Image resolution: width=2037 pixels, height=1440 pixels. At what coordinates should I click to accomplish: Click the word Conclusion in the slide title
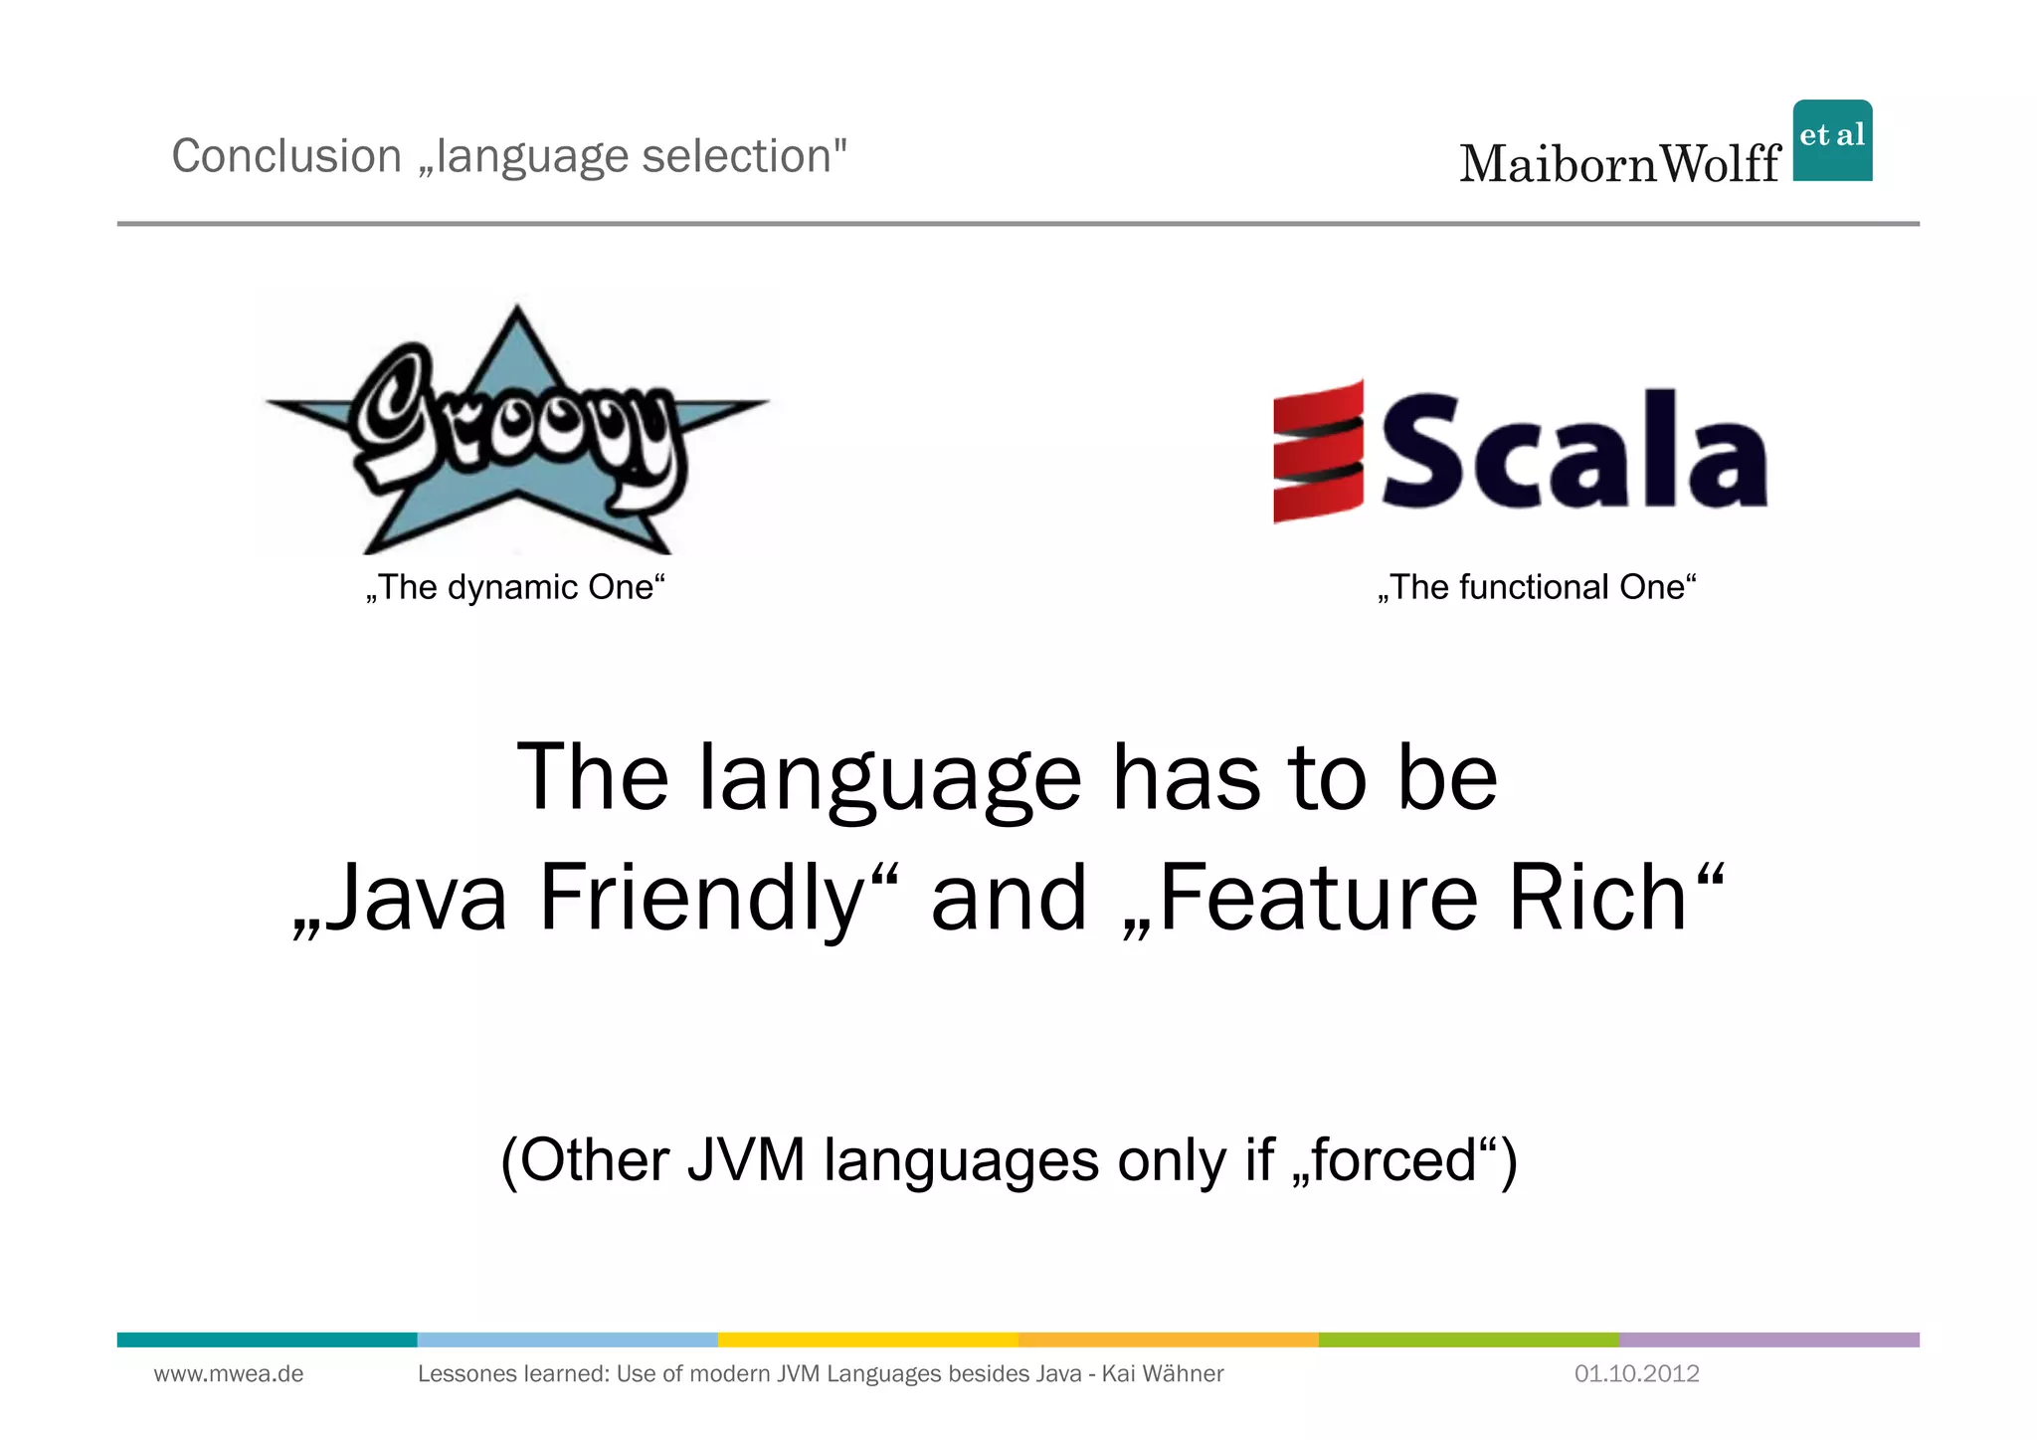(x=286, y=156)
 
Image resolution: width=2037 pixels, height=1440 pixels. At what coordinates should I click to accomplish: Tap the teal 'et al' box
(x=1832, y=140)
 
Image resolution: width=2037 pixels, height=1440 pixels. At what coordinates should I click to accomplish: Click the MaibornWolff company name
(x=1619, y=164)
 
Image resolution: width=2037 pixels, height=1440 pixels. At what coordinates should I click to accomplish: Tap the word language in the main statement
(x=889, y=778)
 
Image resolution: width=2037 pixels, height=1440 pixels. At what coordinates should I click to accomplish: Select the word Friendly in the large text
(x=702, y=898)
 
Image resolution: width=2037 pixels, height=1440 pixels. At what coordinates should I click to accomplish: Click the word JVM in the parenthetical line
(x=746, y=1160)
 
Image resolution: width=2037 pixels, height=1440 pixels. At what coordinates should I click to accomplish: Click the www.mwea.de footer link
(x=229, y=1374)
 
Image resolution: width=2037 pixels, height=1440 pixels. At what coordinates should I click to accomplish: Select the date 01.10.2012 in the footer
(x=1636, y=1374)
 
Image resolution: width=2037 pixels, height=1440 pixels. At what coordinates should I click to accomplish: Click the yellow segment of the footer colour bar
(x=867, y=1339)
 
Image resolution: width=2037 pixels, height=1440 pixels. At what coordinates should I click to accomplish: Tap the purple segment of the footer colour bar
(x=1768, y=1339)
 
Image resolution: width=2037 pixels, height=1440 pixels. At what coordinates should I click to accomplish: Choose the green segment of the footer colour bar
(x=1468, y=1339)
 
